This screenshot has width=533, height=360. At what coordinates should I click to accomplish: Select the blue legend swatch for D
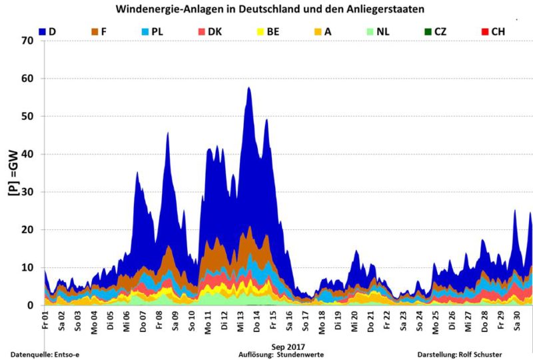coord(43,31)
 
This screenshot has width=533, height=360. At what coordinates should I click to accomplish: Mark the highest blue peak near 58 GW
coord(249,88)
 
